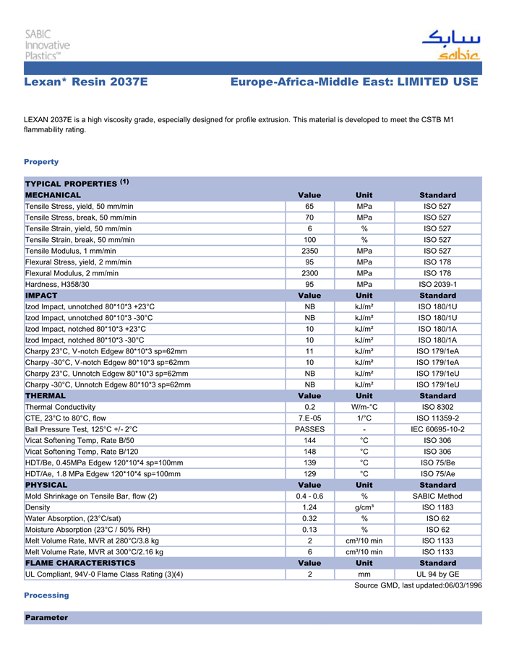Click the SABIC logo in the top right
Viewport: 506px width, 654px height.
(450, 46)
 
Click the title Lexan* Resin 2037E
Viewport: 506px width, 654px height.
(85, 82)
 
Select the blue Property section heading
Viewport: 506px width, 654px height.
(41, 162)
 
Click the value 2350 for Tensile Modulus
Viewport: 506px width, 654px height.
(309, 251)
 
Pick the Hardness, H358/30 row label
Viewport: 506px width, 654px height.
(58, 284)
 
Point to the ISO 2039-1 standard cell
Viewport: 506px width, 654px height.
(437, 284)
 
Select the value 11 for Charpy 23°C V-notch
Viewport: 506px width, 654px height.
(309, 351)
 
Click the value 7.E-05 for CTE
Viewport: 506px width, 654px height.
(309, 418)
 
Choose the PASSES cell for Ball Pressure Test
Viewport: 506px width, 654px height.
(309, 429)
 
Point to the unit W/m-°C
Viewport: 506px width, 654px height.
(364, 407)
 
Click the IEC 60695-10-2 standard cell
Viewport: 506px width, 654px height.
(437, 429)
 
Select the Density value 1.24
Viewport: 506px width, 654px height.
(309, 507)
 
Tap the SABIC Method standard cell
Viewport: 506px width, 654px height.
(437, 496)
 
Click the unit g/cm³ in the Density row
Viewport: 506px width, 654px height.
(364, 507)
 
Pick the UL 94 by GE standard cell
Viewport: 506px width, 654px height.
(437, 574)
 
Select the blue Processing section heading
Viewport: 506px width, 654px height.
(46, 595)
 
